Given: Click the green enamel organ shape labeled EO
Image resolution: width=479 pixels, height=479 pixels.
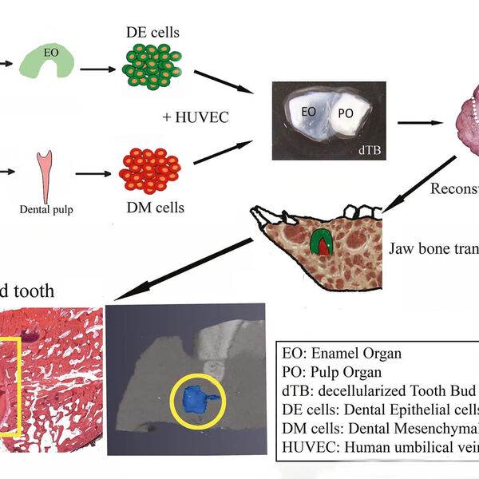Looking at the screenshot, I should click(50, 62).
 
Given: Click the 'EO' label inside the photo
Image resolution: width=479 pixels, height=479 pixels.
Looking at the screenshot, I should click(308, 113).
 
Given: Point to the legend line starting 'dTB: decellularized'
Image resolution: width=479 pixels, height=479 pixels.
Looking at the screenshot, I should click(380, 390).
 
